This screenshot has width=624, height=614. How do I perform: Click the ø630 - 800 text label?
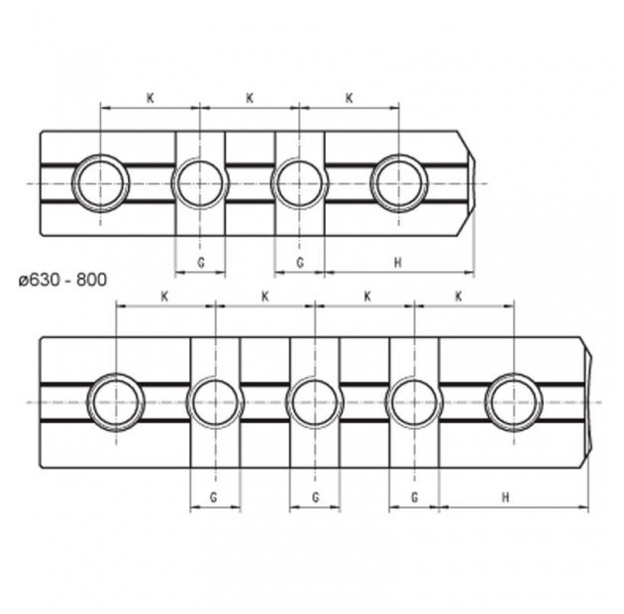pyautogui.click(x=62, y=280)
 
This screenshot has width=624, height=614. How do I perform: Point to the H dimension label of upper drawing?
pyautogui.click(x=397, y=262)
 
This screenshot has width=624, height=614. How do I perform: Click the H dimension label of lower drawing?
pyautogui.click(x=505, y=497)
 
